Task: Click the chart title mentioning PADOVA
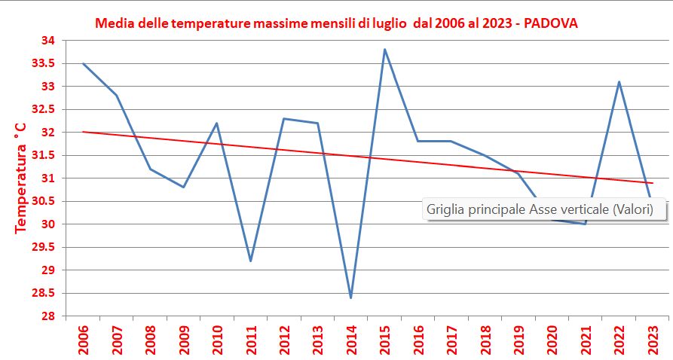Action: click(336, 23)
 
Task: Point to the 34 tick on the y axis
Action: click(47, 41)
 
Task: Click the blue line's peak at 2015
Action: click(384, 50)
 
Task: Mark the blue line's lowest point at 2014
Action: click(350, 297)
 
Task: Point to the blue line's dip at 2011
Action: click(250, 261)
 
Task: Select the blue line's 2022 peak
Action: click(619, 82)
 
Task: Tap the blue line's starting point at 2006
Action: click(83, 63)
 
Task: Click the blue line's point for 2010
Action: click(217, 123)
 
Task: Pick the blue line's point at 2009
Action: click(183, 187)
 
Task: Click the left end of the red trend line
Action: click(83, 132)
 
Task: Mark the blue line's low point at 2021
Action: click(585, 224)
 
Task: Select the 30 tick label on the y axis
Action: click(47, 224)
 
